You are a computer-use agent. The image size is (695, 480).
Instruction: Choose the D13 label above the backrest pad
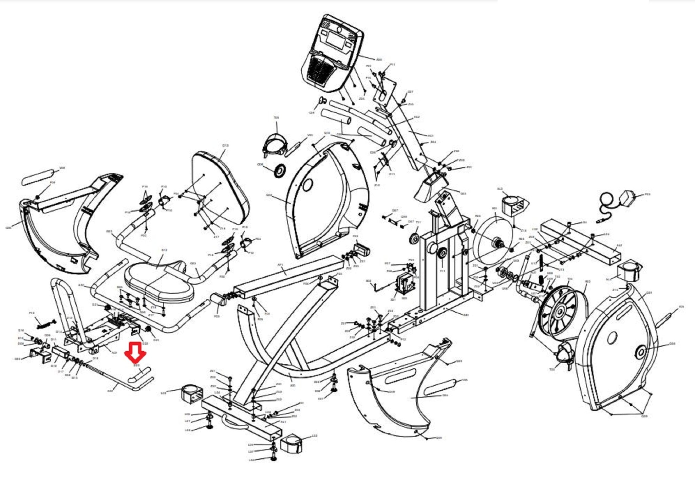point(226,145)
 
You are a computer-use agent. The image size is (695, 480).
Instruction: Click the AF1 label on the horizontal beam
point(280,265)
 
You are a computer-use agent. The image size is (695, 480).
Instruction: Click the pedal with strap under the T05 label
point(277,144)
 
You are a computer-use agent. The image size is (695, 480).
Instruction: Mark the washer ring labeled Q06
point(280,170)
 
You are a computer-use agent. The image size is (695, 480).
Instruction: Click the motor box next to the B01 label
point(406,286)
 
